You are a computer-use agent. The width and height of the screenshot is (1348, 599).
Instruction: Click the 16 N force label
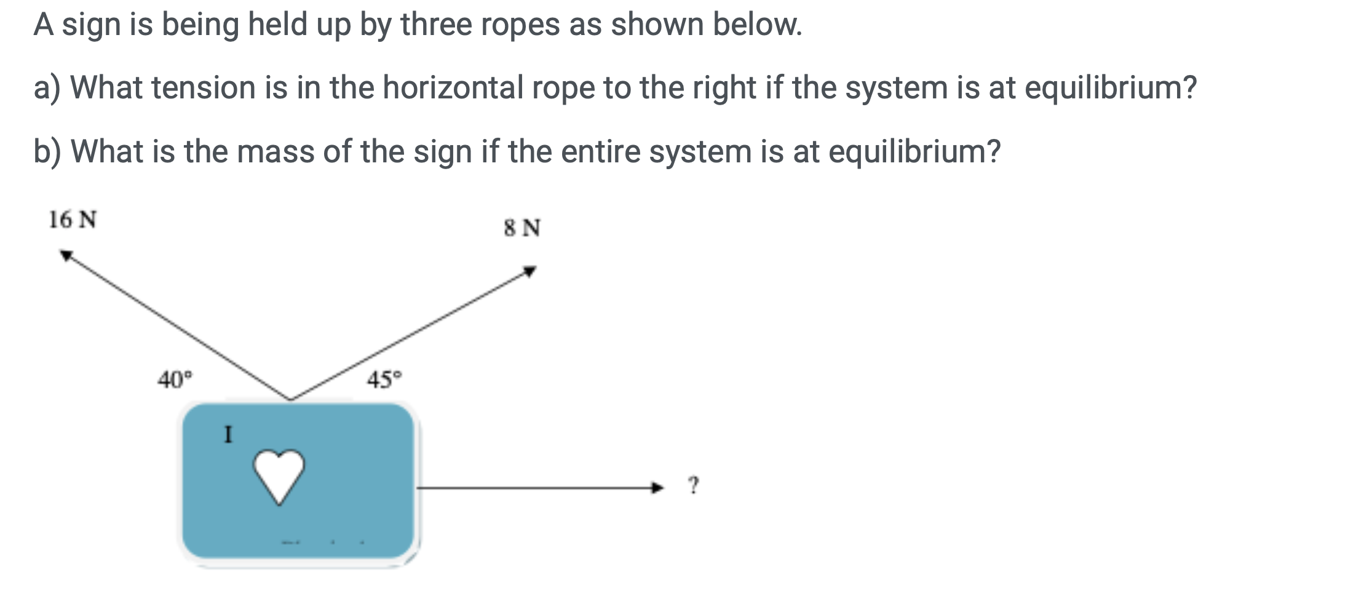pos(73,220)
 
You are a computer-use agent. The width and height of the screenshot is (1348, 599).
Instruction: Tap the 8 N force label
pos(522,228)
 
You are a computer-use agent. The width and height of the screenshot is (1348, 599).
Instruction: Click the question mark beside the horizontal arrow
pos(694,485)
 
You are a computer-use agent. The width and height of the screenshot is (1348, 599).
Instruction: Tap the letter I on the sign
pos(228,435)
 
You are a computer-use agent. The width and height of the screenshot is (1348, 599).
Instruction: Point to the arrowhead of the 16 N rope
pos(65,255)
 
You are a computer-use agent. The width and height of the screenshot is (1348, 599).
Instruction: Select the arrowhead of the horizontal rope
pos(659,488)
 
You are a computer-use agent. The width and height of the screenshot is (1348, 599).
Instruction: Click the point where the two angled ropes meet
pos(290,399)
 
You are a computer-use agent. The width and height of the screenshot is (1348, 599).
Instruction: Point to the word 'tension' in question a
pos(204,87)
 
